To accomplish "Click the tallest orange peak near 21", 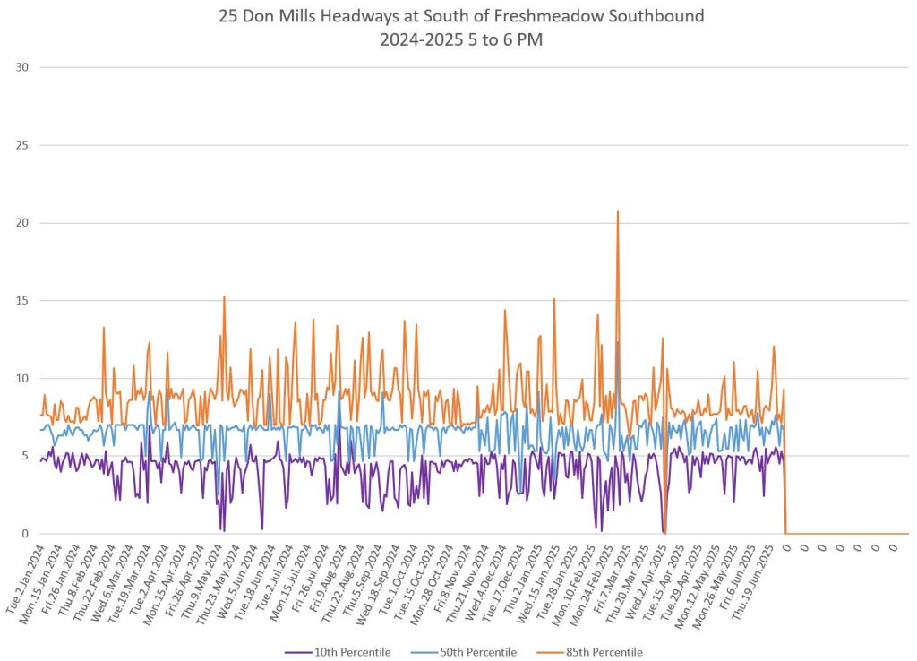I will [617, 212].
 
